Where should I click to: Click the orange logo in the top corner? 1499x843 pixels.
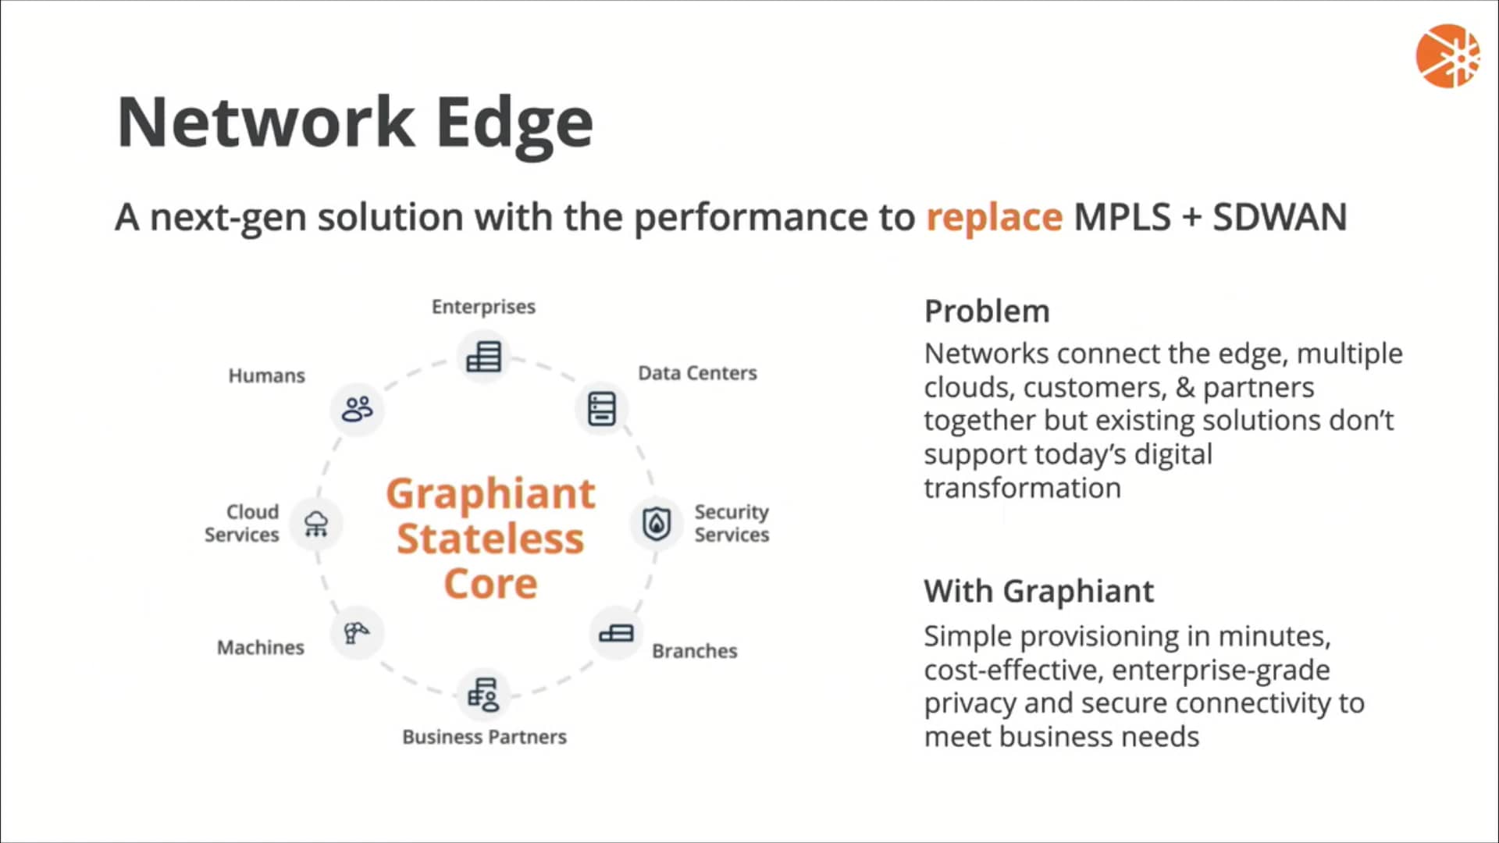tap(1447, 56)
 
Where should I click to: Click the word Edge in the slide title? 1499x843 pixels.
tap(515, 123)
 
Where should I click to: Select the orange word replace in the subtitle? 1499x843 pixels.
tap(994, 217)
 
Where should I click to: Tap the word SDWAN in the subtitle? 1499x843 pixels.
tap(1280, 217)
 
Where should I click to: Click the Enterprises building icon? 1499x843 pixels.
tap(483, 357)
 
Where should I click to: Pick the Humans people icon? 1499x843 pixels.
tap(358, 408)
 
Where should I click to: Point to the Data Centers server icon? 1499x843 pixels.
tap(601, 408)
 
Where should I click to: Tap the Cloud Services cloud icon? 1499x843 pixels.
tap(316, 523)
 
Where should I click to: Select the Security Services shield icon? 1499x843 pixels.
tap(657, 523)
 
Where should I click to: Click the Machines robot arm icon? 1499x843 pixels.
tap(357, 632)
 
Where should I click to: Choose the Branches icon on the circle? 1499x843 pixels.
tap(616, 633)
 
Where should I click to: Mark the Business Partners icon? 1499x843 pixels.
tap(483, 694)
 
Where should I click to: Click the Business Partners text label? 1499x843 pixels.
tap(484, 737)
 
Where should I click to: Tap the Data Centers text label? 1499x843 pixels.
tap(697, 373)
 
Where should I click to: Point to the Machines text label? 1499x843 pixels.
tap(260, 648)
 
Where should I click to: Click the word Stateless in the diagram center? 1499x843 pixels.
tap(490, 539)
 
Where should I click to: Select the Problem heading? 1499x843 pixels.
tap(987, 311)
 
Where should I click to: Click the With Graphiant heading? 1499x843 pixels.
tap(1038, 592)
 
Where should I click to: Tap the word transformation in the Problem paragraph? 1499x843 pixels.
tap(1022, 489)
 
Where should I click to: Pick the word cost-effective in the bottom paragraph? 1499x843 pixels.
tap(1009, 670)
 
